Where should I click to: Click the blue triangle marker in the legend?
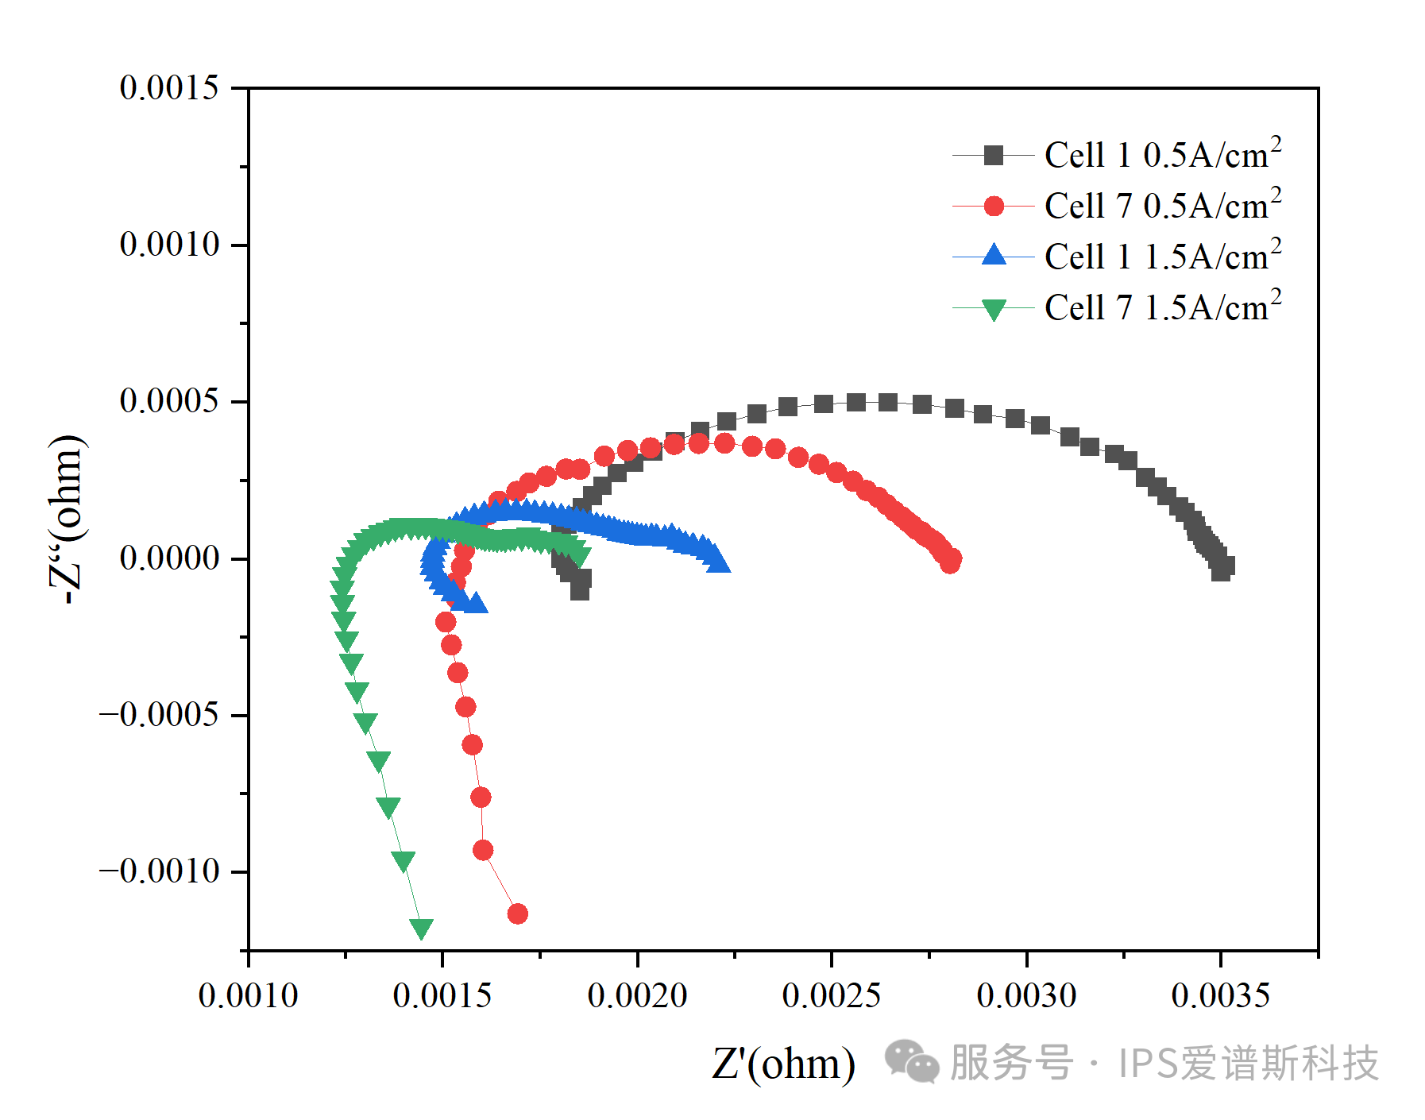[994, 255]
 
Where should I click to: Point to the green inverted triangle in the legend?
[994, 309]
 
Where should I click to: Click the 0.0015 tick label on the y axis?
[168, 87]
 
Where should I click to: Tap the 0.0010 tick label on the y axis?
[168, 244]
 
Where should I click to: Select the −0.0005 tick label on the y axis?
[159, 714]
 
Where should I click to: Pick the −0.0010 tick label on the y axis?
[159, 871]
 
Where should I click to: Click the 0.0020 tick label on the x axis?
[637, 995]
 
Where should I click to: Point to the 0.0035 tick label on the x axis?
[1220, 995]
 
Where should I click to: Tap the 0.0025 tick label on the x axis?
[832, 995]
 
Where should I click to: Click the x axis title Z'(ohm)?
[783, 1064]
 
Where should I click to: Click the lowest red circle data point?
[517, 913]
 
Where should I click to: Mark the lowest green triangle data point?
[421, 927]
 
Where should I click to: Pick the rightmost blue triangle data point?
[717, 562]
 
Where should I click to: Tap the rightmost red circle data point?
[952, 559]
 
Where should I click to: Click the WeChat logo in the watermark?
[911, 1062]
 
